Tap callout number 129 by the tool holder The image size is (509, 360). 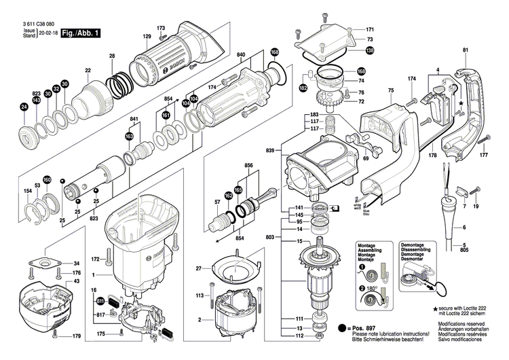point(147,36)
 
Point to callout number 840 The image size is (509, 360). point(242,54)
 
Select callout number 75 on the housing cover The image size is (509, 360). point(390,91)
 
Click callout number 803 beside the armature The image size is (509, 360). point(271,236)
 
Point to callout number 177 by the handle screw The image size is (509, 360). point(483,156)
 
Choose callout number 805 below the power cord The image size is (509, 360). point(465,251)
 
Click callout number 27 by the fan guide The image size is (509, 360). point(200,270)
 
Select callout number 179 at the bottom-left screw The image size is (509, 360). point(77,337)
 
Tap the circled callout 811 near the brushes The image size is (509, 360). point(100,300)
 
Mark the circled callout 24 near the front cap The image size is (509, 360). point(24,107)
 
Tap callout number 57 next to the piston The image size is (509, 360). point(217,203)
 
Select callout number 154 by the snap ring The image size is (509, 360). point(28,192)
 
